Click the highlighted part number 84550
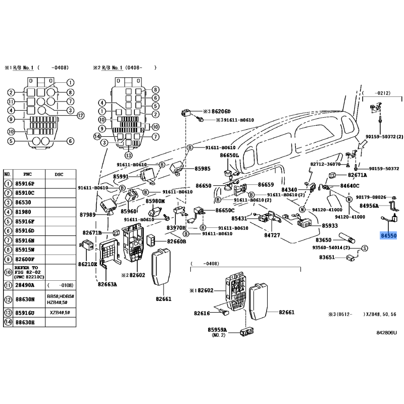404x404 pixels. coord(389,236)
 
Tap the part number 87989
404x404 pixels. coord(87,215)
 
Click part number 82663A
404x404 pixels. coord(108,284)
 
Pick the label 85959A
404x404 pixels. coord(218,330)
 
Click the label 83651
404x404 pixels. coord(328,258)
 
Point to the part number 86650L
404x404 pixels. coord(229,156)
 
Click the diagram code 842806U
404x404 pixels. coord(386,333)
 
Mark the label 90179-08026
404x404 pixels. coord(371,197)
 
